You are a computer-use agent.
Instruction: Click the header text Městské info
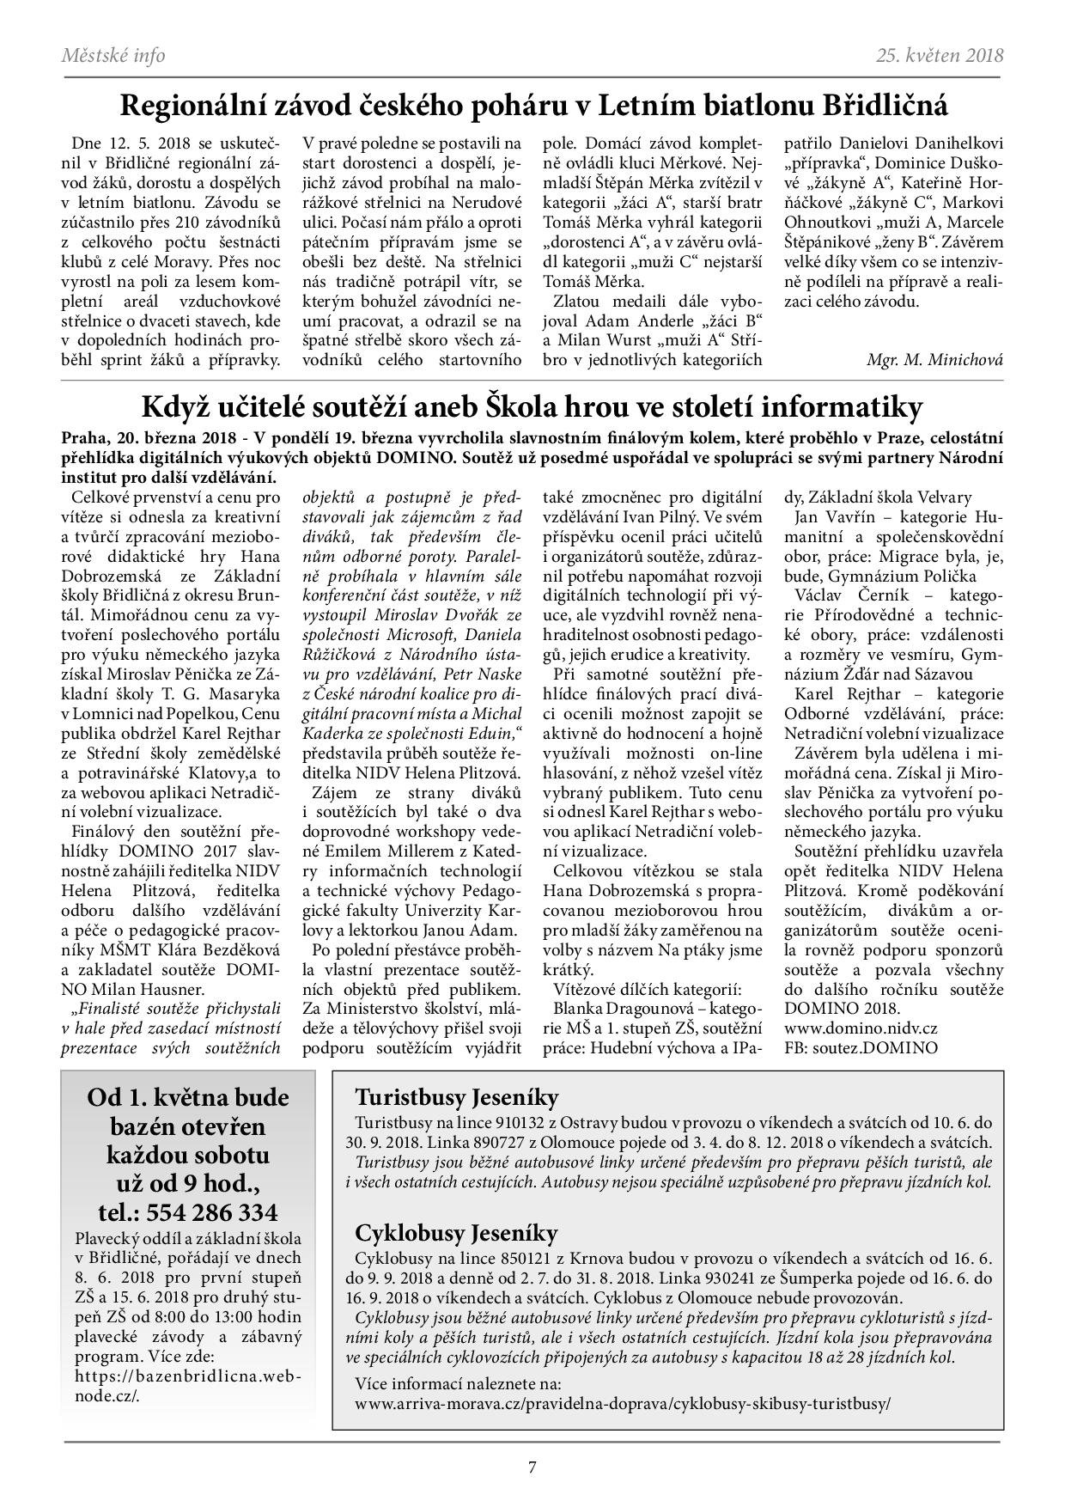pyautogui.click(x=113, y=56)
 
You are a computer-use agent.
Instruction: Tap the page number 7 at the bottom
pyautogui.click(x=532, y=1467)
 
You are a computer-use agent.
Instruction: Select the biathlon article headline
pyautogui.click(x=532, y=105)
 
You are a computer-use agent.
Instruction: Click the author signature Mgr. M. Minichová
pyautogui.click(x=934, y=360)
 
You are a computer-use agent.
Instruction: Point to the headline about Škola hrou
pyautogui.click(x=532, y=406)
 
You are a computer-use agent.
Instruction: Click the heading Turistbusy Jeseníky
pyautogui.click(x=456, y=1097)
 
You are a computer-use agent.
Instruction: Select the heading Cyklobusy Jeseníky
pyautogui.click(x=456, y=1233)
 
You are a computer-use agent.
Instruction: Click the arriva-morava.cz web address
pyautogui.click(x=623, y=1403)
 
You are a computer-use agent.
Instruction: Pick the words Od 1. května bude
pyautogui.click(x=189, y=1097)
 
